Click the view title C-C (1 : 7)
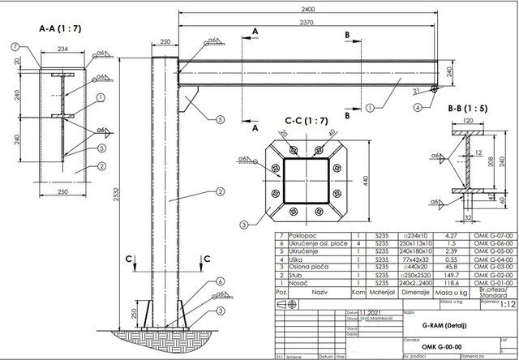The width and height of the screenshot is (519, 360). pyautogui.click(x=307, y=121)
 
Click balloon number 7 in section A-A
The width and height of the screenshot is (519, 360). pyautogui.click(x=15, y=48)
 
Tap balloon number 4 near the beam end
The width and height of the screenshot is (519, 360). pyautogui.click(x=417, y=106)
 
